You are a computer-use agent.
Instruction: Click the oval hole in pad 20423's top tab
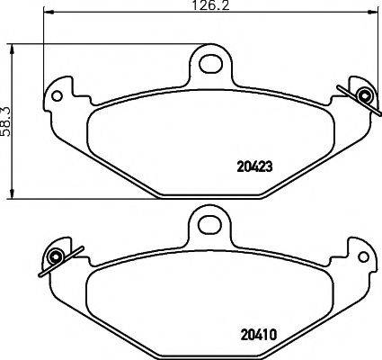click(x=212, y=63)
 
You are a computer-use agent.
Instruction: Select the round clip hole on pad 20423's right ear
click(x=365, y=96)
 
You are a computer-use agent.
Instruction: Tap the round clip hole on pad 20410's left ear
click(x=57, y=257)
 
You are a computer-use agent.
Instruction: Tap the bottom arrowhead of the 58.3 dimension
click(x=12, y=195)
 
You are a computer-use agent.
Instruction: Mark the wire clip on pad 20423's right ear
click(x=358, y=93)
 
